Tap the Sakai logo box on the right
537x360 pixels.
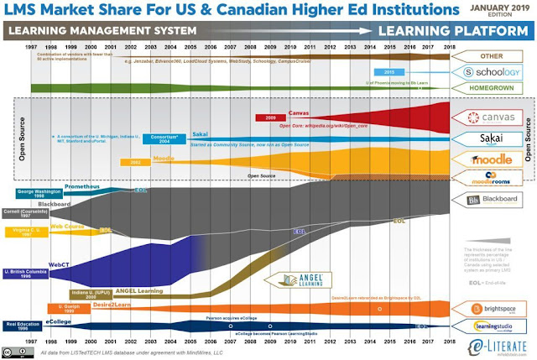pyautogui.click(x=487, y=136)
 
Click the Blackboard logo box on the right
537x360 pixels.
pyautogui.click(x=487, y=199)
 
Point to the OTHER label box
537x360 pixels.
pyautogui.click(x=487, y=57)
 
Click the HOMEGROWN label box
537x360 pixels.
pyautogui.click(x=487, y=88)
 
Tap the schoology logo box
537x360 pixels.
pyautogui.click(x=487, y=73)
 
